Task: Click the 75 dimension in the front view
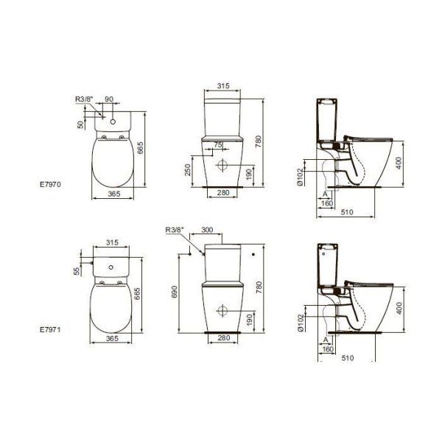tap(217, 145)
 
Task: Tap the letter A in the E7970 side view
tap(324, 193)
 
